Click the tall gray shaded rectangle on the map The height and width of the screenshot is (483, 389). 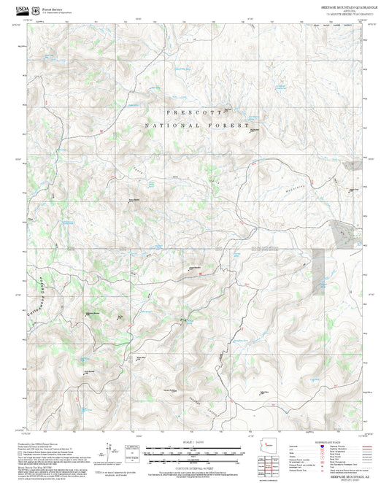318,271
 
